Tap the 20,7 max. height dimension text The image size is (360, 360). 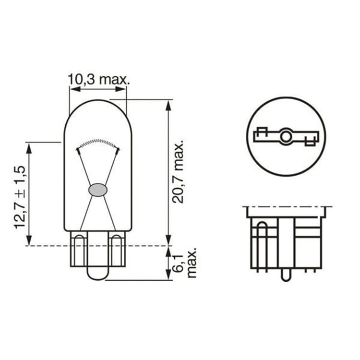[x=179, y=172]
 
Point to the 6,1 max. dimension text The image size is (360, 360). [x=185, y=263]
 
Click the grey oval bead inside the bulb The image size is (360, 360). [x=97, y=190]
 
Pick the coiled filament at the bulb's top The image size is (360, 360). [x=98, y=143]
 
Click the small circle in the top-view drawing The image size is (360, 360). [x=286, y=137]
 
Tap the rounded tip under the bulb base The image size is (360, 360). [x=97, y=273]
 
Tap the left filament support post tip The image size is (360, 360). [x=78, y=150]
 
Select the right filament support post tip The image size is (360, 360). [x=118, y=150]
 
